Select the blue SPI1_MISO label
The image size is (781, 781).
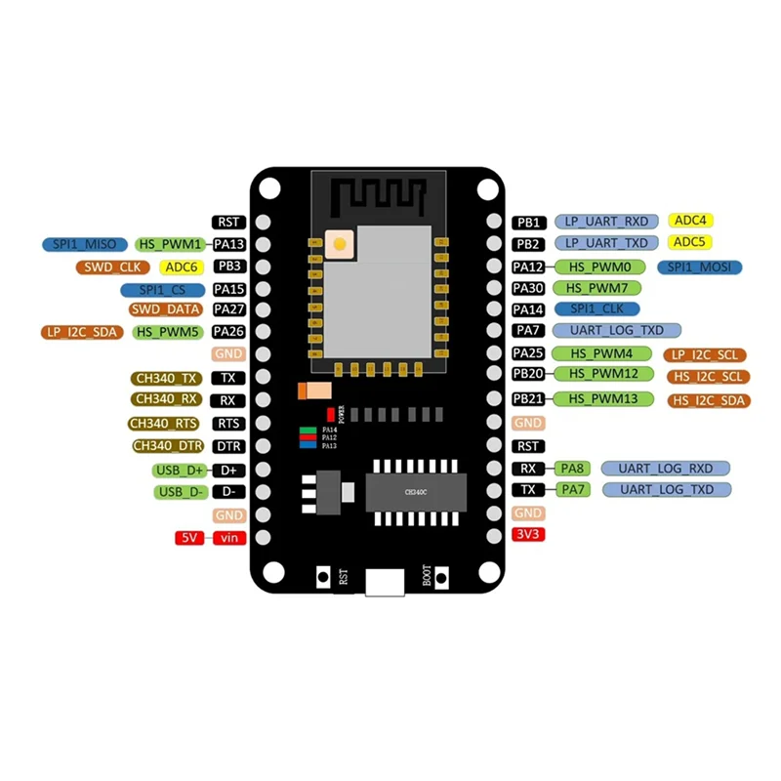tap(84, 243)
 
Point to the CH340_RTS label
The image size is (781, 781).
tap(164, 424)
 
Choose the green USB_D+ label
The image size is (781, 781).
tap(180, 470)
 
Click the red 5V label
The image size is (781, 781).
tap(187, 538)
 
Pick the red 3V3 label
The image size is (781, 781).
tap(527, 535)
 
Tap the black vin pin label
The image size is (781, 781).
tap(228, 538)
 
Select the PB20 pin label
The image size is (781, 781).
tap(527, 374)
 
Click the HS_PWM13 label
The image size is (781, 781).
tap(604, 398)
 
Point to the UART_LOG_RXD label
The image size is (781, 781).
tap(666, 469)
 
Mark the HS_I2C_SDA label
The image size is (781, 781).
tap(708, 400)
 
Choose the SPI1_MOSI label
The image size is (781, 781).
tap(700, 267)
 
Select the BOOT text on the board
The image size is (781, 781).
tap(428, 575)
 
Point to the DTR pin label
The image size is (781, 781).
tap(228, 446)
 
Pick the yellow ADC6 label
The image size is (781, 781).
tap(182, 267)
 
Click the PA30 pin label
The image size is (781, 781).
tap(527, 288)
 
